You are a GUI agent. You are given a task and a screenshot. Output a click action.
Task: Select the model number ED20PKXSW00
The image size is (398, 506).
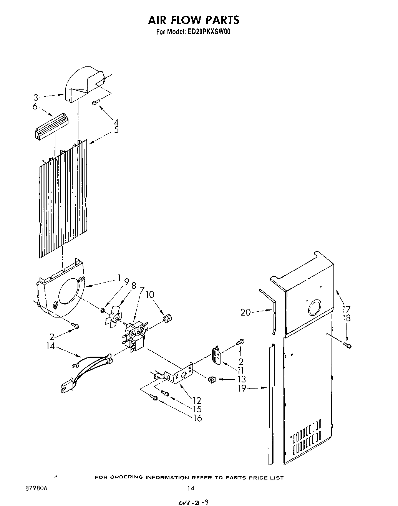click(209, 32)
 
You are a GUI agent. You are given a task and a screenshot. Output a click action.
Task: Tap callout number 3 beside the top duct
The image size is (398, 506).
click(35, 98)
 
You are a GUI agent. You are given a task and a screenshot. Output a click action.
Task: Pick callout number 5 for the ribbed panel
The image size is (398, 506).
click(116, 131)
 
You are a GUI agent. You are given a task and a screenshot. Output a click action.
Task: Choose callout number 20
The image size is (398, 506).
click(245, 313)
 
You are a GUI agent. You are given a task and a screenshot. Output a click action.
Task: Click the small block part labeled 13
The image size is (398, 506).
click(211, 380)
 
